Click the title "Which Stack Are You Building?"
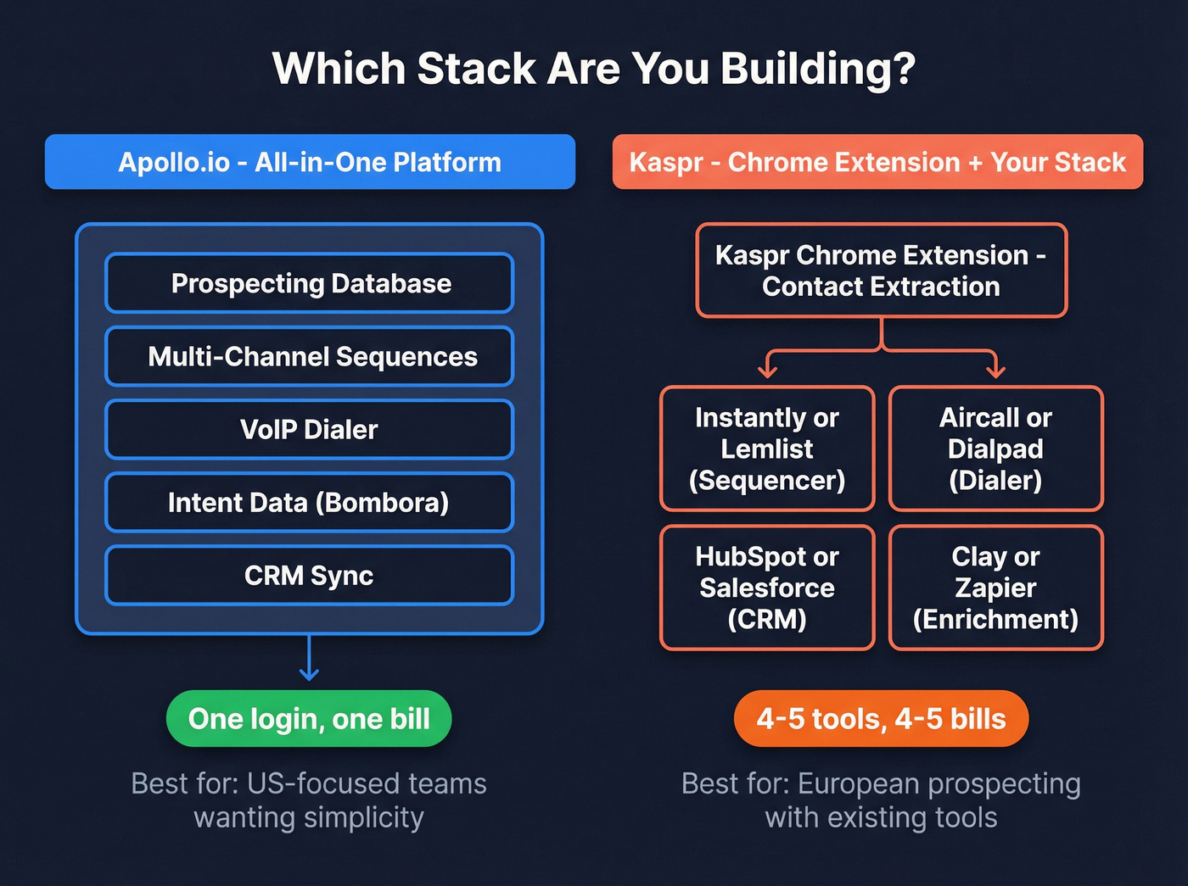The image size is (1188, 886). click(594, 69)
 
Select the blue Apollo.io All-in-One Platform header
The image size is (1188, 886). click(310, 162)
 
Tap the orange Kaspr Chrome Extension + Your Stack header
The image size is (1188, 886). click(877, 162)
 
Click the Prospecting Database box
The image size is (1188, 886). click(310, 283)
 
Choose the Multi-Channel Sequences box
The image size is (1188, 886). click(310, 356)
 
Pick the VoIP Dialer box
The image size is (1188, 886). click(310, 429)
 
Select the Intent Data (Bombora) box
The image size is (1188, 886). click(310, 502)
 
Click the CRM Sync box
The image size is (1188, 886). click(310, 575)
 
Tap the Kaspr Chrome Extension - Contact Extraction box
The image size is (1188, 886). click(881, 270)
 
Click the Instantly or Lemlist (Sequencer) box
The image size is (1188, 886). click(767, 449)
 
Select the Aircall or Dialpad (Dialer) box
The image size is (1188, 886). click(995, 449)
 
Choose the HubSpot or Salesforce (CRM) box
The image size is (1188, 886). click(767, 588)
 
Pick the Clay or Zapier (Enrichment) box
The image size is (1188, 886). click(995, 588)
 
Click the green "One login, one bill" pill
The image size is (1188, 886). click(309, 719)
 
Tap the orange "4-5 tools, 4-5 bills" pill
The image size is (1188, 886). click(881, 719)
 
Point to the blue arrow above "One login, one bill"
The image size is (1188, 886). click(310, 660)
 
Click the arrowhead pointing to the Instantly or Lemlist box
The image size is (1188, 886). click(767, 371)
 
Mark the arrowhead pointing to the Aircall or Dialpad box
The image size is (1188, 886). click(995, 371)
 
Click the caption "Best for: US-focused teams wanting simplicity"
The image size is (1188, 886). click(309, 800)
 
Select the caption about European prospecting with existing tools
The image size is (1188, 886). click(881, 800)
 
